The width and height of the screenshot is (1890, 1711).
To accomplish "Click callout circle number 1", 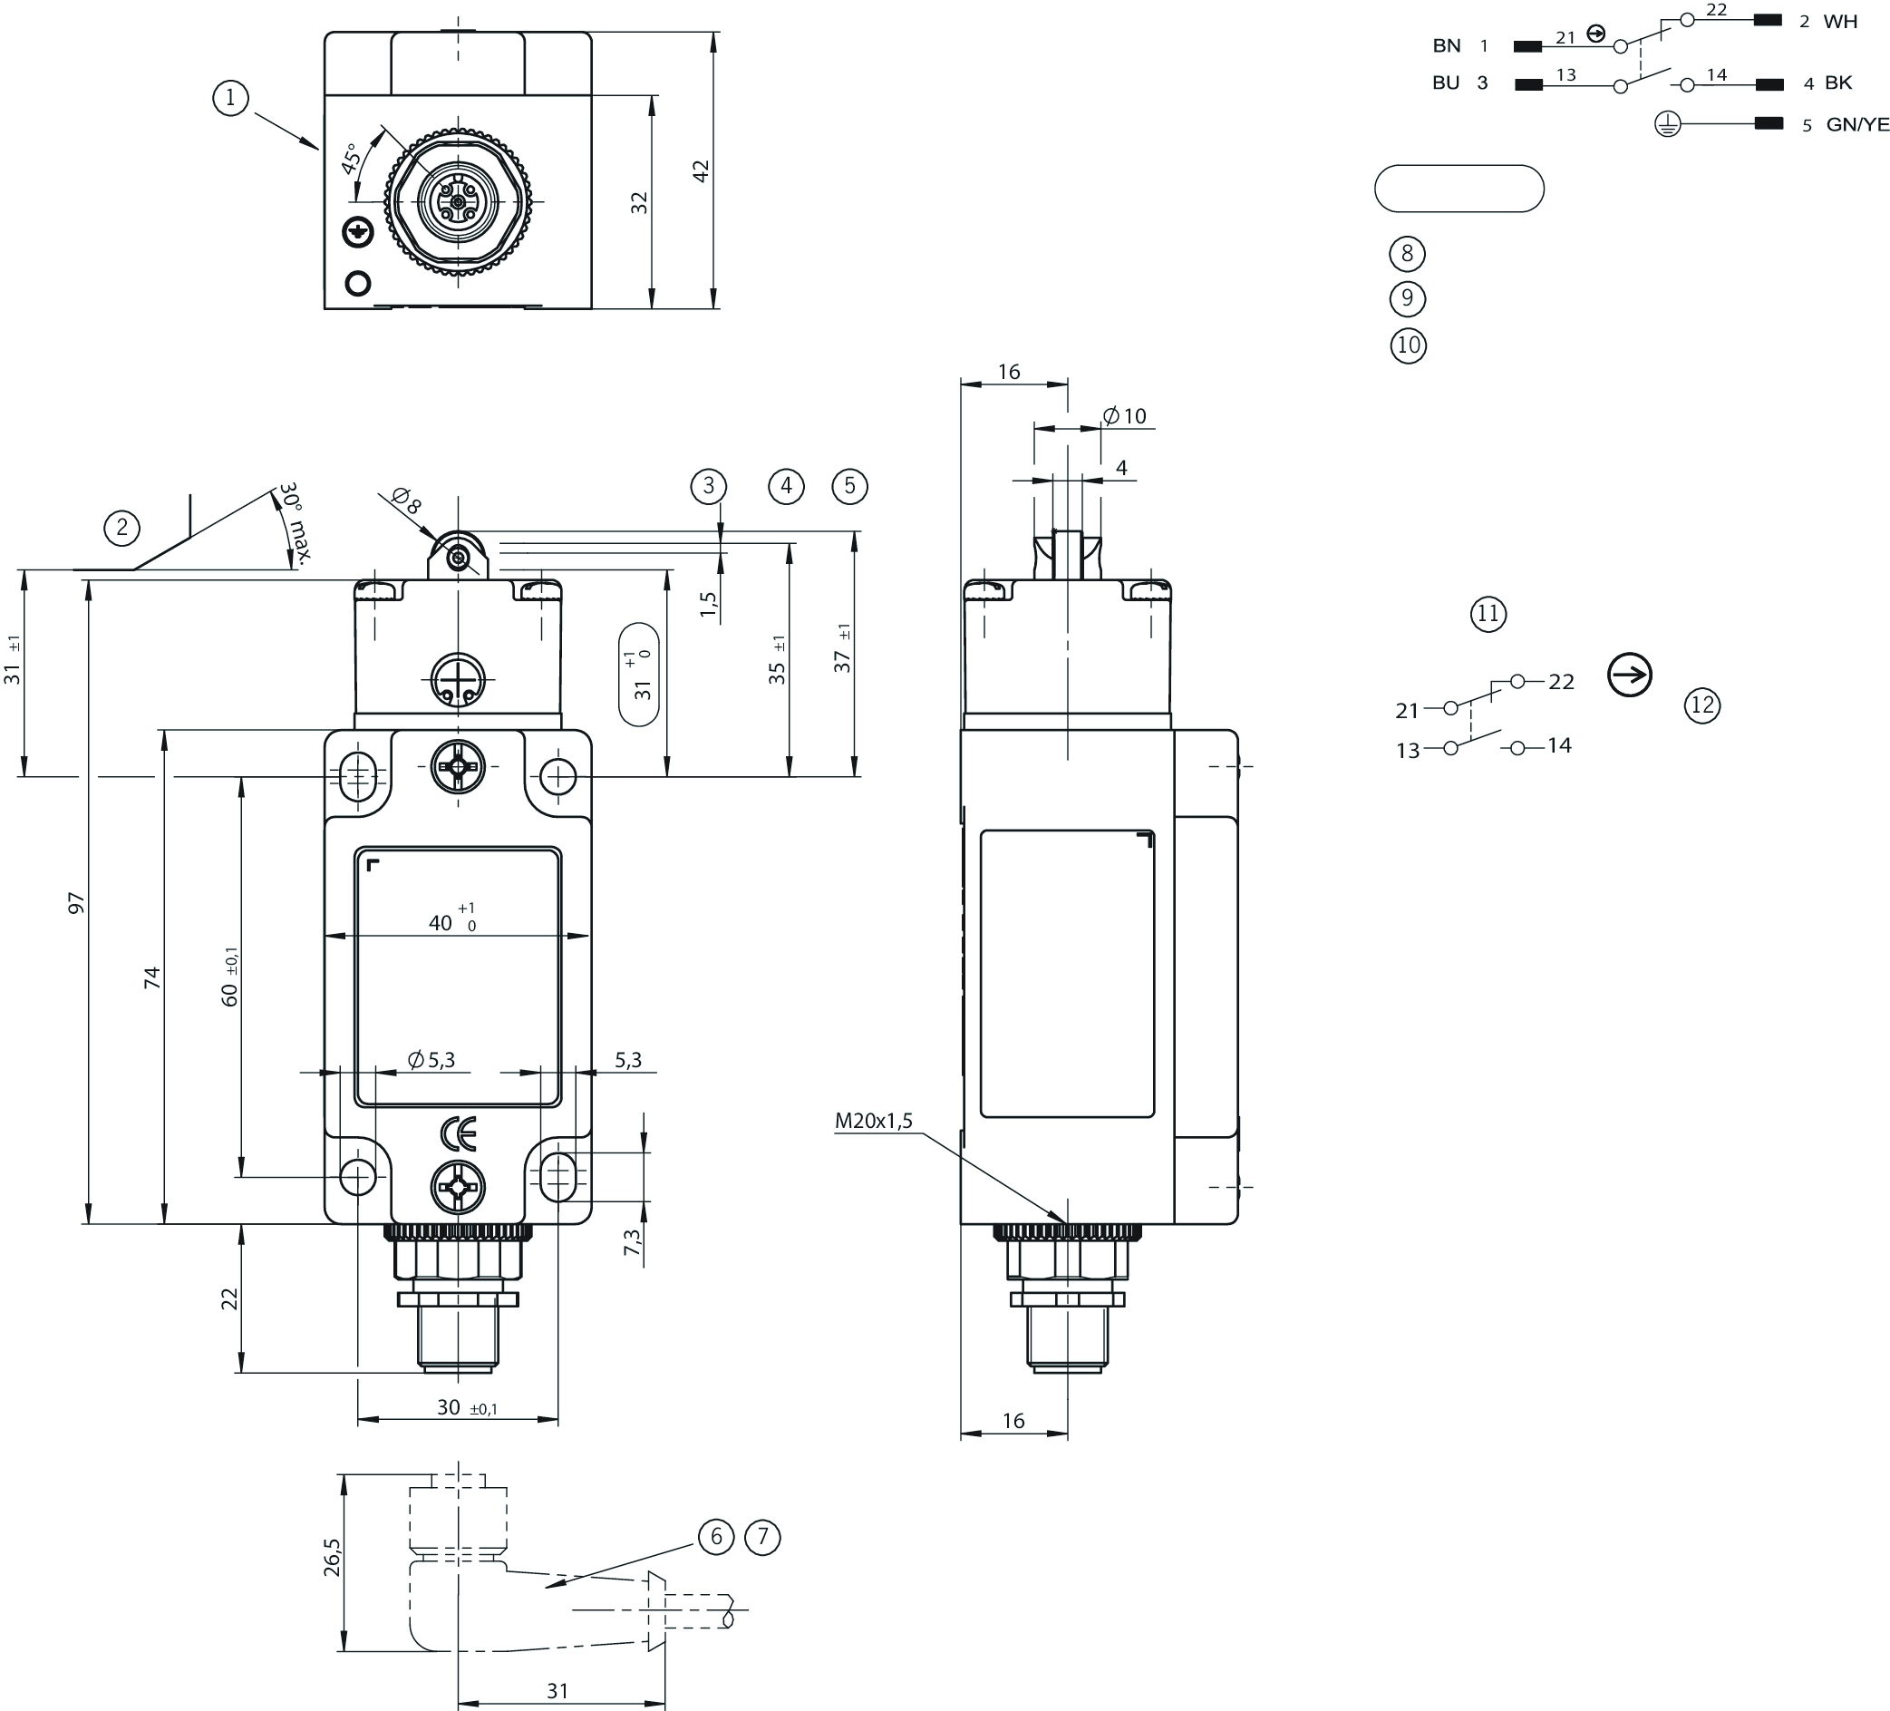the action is pyautogui.click(x=230, y=98).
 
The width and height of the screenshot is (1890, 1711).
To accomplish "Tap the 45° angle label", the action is pyautogui.click(x=352, y=159).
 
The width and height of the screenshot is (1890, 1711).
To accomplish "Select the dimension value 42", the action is pyautogui.click(x=701, y=171).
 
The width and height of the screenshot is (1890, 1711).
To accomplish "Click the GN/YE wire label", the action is pyautogui.click(x=1857, y=125).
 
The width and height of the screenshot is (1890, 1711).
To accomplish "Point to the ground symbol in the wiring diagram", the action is pyautogui.click(x=1668, y=123).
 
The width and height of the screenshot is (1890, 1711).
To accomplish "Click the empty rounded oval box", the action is pyautogui.click(x=1459, y=189).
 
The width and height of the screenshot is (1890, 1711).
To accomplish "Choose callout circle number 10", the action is pyautogui.click(x=1408, y=345).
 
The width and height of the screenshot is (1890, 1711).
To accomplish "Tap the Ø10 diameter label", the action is pyautogui.click(x=1125, y=415).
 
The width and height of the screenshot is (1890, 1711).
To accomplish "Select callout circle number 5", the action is pyautogui.click(x=849, y=486).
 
